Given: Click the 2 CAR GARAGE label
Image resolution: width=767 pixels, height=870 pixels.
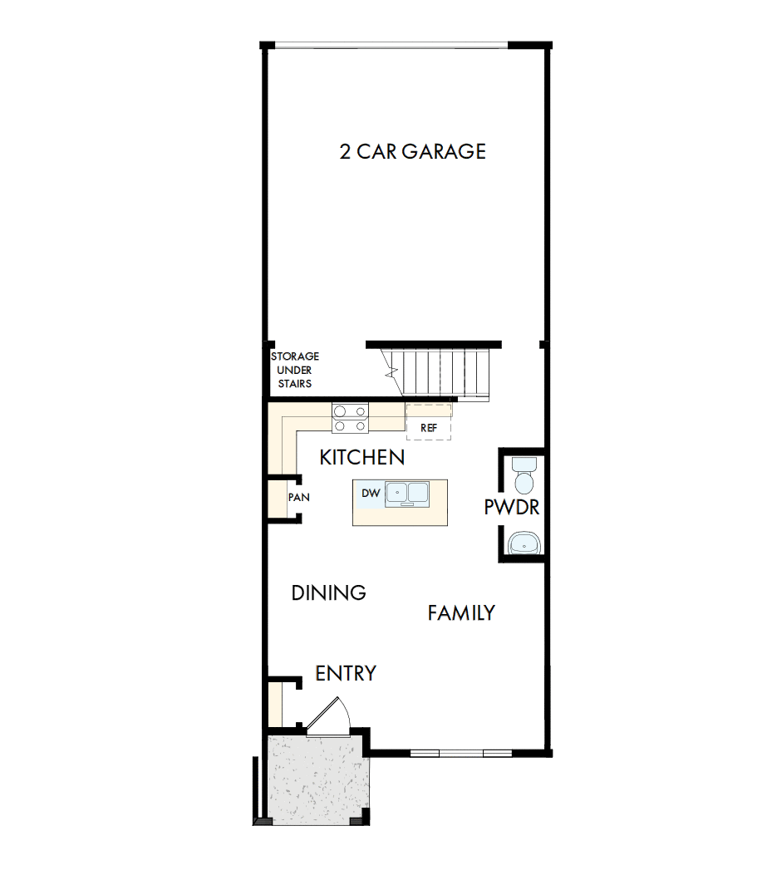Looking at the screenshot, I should tap(412, 151).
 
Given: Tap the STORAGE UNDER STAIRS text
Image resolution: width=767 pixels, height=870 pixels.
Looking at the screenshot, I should tap(295, 370).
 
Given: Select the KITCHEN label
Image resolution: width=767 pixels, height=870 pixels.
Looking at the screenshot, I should tap(362, 457).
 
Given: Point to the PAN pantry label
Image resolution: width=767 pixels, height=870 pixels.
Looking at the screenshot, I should tap(298, 498).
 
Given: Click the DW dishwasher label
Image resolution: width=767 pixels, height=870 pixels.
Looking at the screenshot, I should tap(371, 494).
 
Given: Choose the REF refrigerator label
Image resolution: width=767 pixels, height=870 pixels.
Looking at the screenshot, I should tap(429, 427).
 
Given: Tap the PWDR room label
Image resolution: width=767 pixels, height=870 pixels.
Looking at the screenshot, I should tap(512, 507).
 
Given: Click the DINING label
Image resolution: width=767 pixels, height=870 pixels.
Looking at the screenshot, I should tap(329, 592).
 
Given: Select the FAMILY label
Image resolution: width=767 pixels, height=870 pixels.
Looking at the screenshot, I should tap(461, 613).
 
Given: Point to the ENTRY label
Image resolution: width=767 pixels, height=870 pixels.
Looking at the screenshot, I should tap(346, 673).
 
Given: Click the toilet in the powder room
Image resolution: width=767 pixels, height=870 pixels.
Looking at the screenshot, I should tap(524, 476).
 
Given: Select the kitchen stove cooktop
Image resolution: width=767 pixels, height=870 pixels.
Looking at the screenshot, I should tap(350, 417).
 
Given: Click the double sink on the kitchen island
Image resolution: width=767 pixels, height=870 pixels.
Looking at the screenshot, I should tap(406, 493).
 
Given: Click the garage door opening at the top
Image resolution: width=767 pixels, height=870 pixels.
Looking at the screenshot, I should tap(391, 44).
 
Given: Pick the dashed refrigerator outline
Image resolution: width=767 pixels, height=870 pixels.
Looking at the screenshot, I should tap(429, 420).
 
